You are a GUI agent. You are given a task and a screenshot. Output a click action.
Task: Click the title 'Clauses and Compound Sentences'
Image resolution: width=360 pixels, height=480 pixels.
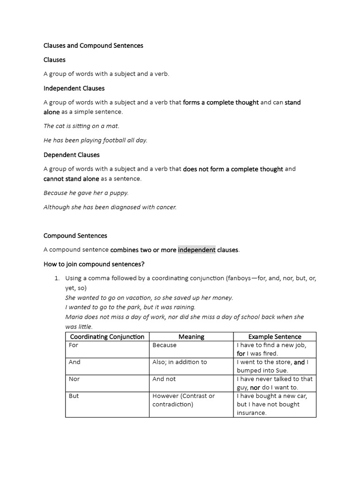pyautogui.click(x=93, y=45)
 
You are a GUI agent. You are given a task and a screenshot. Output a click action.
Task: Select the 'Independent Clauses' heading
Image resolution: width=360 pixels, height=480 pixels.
pyautogui.click(x=74, y=88)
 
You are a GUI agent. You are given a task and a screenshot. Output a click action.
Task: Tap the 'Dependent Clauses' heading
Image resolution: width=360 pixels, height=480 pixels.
pyautogui.click(x=72, y=155)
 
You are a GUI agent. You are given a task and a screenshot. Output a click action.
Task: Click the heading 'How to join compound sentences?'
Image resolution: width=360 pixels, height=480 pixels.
pyautogui.click(x=94, y=264)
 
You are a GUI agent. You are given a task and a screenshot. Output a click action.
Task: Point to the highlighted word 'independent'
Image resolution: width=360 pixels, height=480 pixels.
pyautogui.click(x=196, y=250)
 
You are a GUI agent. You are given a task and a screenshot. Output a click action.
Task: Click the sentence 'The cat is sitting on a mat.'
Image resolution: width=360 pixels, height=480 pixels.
pyautogui.click(x=82, y=126)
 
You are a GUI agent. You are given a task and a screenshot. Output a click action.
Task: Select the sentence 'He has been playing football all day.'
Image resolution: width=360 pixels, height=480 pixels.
pyautogui.click(x=96, y=140)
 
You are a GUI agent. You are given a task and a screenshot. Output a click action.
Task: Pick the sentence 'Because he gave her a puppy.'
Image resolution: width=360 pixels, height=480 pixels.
pyautogui.click(x=86, y=193)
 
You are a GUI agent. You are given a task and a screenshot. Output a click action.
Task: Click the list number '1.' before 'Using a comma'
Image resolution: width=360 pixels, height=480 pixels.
pyautogui.click(x=57, y=278)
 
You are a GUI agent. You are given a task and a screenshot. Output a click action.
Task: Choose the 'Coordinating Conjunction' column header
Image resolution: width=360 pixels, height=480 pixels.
pyautogui.click(x=107, y=337)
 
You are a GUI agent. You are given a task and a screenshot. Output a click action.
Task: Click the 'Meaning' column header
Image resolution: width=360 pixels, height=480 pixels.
pyautogui.click(x=191, y=337)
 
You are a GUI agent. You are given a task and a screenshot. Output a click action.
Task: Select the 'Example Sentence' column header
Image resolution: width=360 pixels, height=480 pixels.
pyautogui.click(x=275, y=337)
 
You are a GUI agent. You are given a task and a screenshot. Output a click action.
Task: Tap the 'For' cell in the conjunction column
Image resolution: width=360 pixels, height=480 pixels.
pyautogui.click(x=74, y=345)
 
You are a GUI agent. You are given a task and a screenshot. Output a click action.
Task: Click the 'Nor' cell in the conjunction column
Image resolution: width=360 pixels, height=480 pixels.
pyautogui.click(x=74, y=379)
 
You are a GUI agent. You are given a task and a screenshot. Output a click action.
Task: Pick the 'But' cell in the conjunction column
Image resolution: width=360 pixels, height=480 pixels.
pyautogui.click(x=74, y=396)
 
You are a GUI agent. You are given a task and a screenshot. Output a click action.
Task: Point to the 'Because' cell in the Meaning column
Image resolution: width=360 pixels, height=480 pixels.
pyautogui.click(x=165, y=345)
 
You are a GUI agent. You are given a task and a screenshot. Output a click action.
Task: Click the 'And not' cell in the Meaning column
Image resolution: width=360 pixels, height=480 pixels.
pyautogui.click(x=164, y=379)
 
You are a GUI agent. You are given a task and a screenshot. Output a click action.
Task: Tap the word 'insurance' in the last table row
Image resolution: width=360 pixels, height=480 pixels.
pyautogui.click(x=251, y=412)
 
